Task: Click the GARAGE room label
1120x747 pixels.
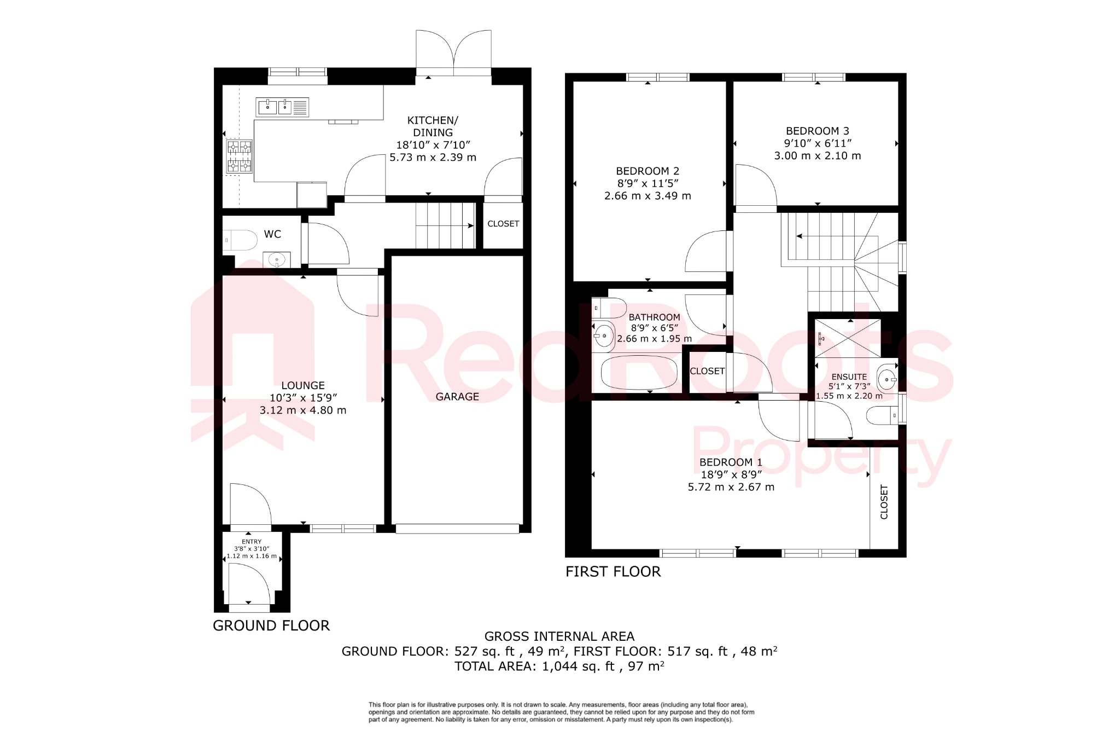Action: (457, 397)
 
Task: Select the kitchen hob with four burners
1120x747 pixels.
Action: (240, 157)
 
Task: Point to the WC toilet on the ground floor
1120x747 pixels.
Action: (240, 240)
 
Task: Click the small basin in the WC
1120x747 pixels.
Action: (276, 260)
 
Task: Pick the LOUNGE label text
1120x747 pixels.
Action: (303, 385)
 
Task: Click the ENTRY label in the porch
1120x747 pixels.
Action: (252, 542)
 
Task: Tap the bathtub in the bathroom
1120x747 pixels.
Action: (639, 373)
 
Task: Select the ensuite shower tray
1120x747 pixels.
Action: (848, 338)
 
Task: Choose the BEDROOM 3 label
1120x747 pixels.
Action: (817, 131)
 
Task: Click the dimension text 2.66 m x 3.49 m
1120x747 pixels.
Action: (647, 196)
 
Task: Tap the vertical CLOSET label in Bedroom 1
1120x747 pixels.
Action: (884, 502)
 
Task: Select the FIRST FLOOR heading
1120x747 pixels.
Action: (613, 572)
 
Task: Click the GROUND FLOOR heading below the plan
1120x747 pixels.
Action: (271, 626)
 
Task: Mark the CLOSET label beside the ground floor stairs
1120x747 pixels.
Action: (503, 224)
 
